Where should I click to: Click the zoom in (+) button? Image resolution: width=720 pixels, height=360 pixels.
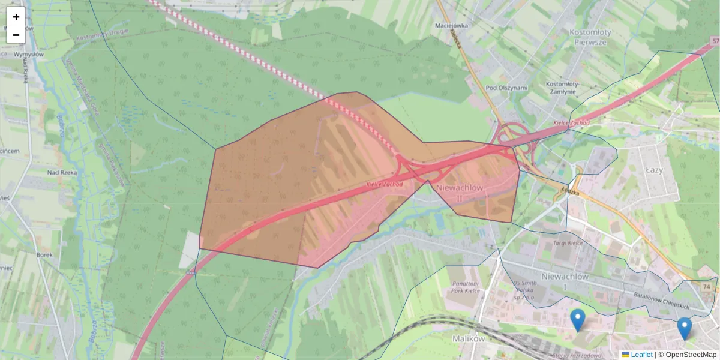16,17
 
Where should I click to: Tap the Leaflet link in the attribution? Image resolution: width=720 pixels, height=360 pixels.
641,355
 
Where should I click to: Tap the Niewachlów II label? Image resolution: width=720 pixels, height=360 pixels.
460,193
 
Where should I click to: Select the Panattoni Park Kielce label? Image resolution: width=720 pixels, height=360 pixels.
465,287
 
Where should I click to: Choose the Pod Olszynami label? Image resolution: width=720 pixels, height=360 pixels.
507,88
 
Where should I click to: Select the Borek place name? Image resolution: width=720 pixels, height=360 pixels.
45,254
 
